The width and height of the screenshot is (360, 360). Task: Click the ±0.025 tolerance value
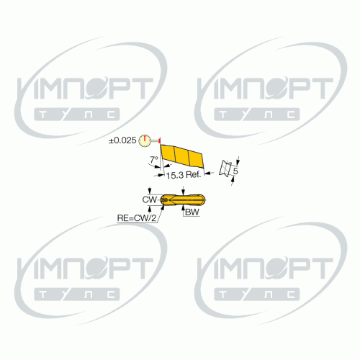(x=122, y=140)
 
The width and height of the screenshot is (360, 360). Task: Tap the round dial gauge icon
(x=145, y=140)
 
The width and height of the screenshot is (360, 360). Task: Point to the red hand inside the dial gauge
(x=145, y=138)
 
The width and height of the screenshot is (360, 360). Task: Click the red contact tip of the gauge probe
(x=160, y=140)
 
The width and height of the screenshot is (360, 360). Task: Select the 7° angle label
(x=154, y=159)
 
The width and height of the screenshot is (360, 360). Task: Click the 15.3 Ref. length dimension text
(x=184, y=175)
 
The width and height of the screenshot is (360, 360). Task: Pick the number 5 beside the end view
(x=235, y=171)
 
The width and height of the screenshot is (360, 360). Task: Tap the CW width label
(x=150, y=199)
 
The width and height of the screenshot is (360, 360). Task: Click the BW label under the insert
(x=192, y=212)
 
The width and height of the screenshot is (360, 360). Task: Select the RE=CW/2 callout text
(x=137, y=218)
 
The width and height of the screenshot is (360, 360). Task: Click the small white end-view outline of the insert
(x=225, y=168)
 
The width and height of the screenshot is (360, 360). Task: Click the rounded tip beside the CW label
(x=164, y=199)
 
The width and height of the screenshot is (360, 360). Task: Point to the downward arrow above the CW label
(x=150, y=190)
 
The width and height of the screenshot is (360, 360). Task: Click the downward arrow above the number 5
(x=238, y=161)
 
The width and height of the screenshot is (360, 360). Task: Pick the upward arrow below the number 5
(x=233, y=181)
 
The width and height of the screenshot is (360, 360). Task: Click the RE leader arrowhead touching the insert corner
(x=163, y=207)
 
